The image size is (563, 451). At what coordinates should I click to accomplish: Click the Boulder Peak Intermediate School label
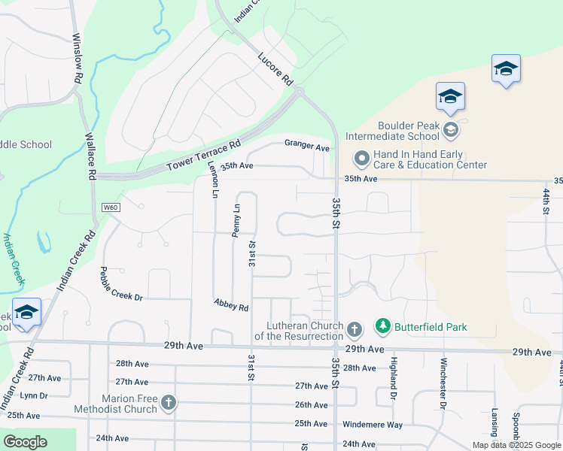(x=391, y=131)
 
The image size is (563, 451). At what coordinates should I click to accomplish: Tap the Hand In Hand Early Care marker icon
(x=361, y=158)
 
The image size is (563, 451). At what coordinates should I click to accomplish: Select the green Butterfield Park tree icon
(x=383, y=326)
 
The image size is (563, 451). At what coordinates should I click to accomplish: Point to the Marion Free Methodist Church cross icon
(x=169, y=404)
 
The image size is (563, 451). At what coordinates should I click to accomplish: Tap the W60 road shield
(x=111, y=207)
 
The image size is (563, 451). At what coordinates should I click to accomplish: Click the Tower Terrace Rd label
(x=203, y=154)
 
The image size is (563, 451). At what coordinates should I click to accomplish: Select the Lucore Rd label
(x=274, y=68)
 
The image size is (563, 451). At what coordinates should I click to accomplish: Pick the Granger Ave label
(x=306, y=146)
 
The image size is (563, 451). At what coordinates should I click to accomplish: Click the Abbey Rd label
(x=231, y=304)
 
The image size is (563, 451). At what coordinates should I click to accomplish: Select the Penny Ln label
(x=236, y=219)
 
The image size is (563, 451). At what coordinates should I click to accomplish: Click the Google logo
(x=25, y=442)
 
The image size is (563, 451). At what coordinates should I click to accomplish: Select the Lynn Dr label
(x=34, y=395)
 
